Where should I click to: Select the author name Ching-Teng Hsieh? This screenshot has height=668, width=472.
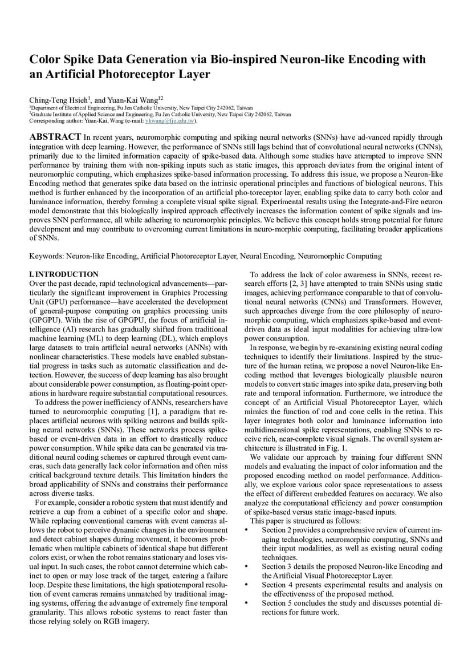pyautogui.click(x=58, y=100)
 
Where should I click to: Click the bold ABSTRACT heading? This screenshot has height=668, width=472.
pyautogui.click(x=55, y=137)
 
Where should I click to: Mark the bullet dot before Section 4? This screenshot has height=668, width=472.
pyautogui.click(x=246, y=585)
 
